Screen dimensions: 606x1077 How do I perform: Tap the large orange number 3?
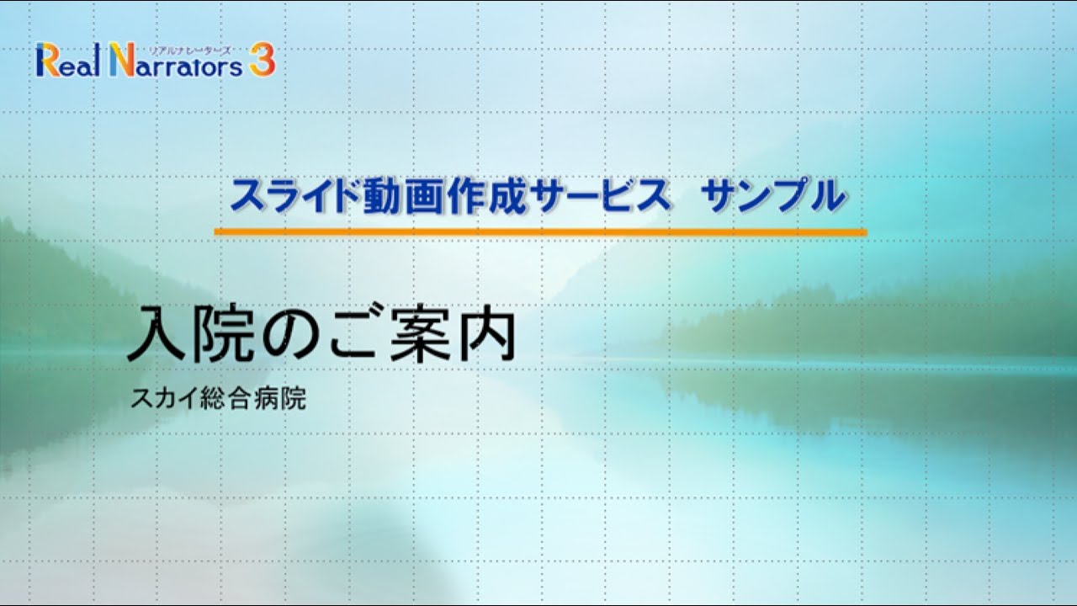click(262, 61)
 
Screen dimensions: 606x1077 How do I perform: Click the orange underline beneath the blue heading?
click(539, 231)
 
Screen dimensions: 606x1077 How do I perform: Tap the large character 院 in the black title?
click(221, 334)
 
